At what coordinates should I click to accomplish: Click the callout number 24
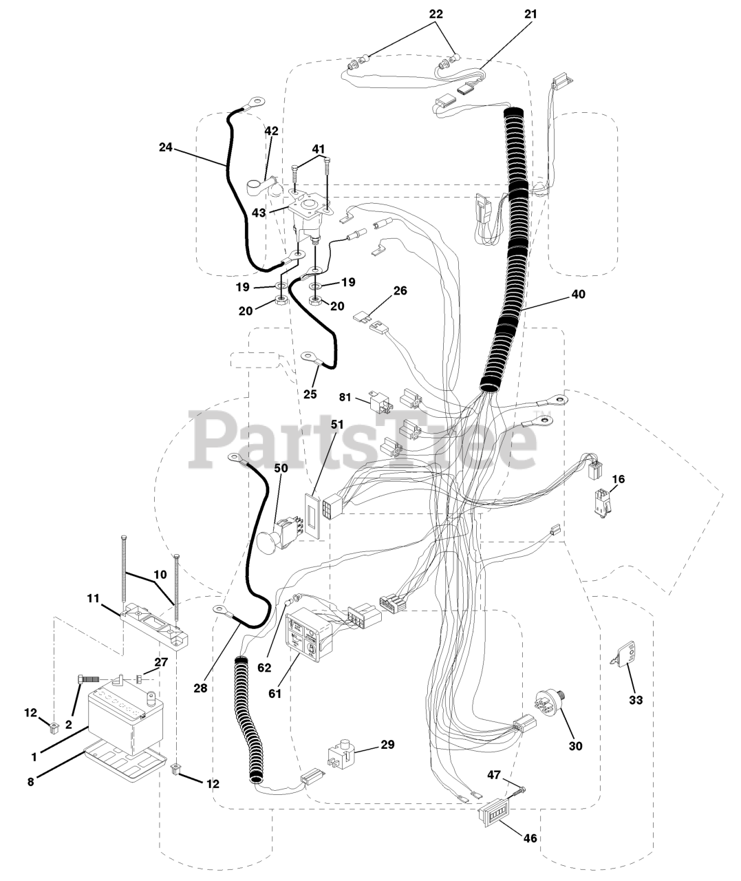(x=165, y=147)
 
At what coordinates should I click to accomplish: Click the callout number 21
(x=529, y=14)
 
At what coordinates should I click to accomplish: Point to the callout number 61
(x=275, y=693)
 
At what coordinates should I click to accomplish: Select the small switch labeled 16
(x=600, y=502)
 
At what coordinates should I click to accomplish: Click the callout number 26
(x=400, y=291)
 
